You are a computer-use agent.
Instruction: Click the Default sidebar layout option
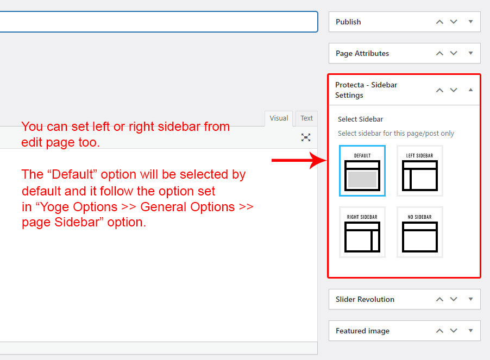pyautogui.click(x=362, y=171)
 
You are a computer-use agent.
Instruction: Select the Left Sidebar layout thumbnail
pyautogui.click(x=420, y=171)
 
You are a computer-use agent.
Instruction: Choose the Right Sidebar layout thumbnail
pyautogui.click(x=362, y=232)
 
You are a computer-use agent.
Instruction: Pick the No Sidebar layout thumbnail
pyautogui.click(x=420, y=232)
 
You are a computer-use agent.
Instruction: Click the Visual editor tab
pyautogui.click(x=279, y=118)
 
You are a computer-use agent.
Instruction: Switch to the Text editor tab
pyautogui.click(x=306, y=118)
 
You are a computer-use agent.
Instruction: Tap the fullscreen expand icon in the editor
pyautogui.click(x=306, y=137)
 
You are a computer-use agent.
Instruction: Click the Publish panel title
pyautogui.click(x=348, y=22)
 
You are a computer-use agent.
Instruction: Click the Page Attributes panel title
pyautogui.click(x=362, y=53)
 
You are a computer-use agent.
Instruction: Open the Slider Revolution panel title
pyautogui.click(x=365, y=299)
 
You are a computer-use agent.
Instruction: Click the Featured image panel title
pyautogui.click(x=362, y=331)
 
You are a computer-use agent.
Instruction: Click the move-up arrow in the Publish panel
pyautogui.click(x=439, y=22)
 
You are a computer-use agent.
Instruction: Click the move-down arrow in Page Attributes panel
pyautogui.click(x=454, y=53)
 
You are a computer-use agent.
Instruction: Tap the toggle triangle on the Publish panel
pyautogui.click(x=470, y=22)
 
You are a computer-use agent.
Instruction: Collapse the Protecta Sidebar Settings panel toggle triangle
pyautogui.click(x=470, y=90)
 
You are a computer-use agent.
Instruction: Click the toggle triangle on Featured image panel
pyautogui.click(x=470, y=330)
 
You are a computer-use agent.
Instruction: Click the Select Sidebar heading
pyautogui.click(x=360, y=119)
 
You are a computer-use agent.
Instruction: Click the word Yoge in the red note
pyautogui.click(x=55, y=207)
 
